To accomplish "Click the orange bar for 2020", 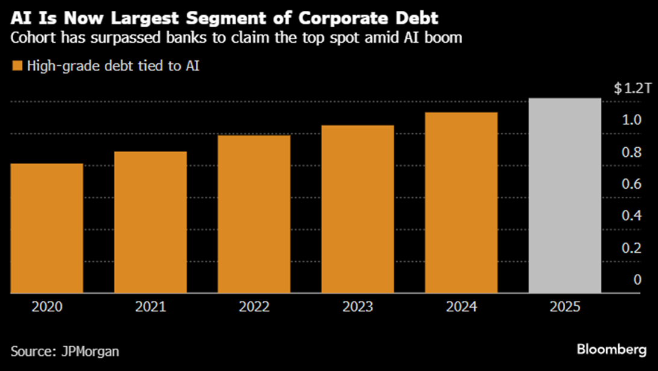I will click(47, 229).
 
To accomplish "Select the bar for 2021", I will click(151, 223).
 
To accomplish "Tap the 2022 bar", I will click(254, 215).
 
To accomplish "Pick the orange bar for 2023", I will click(358, 209).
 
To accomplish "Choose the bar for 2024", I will click(462, 203).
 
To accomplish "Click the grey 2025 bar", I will click(565, 196).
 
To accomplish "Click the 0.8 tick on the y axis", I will click(633, 152).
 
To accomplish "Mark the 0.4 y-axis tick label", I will click(633, 216).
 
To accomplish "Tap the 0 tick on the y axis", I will click(637, 279).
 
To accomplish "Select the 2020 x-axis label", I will click(47, 307).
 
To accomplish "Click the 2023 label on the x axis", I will click(358, 307).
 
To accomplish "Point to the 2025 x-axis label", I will click(565, 307).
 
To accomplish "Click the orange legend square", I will click(17, 66).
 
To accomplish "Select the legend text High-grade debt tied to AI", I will click(113, 66).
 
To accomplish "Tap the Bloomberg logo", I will click(611, 349).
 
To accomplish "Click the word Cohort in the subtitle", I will click(32, 39).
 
